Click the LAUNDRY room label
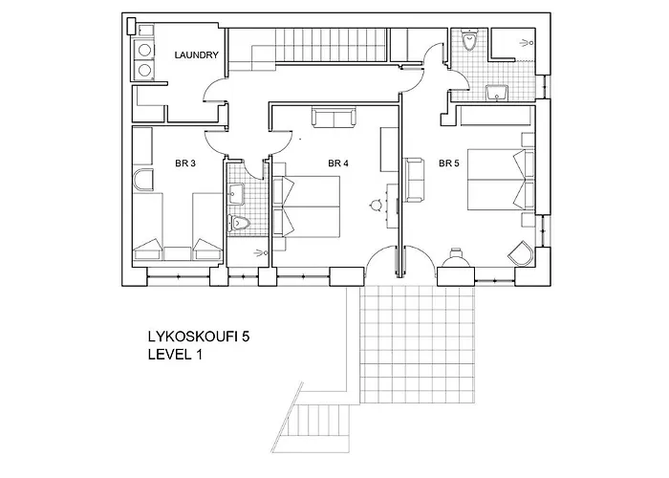[197, 55]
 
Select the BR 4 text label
[338, 164]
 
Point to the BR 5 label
[449, 164]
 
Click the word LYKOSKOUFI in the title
[183, 337]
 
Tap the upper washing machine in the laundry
[145, 50]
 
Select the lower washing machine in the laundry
[145, 70]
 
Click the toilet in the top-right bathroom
[468, 40]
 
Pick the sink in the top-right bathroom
[497, 93]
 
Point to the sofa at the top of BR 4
[330, 119]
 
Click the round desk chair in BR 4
[376, 204]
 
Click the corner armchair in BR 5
[521, 253]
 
